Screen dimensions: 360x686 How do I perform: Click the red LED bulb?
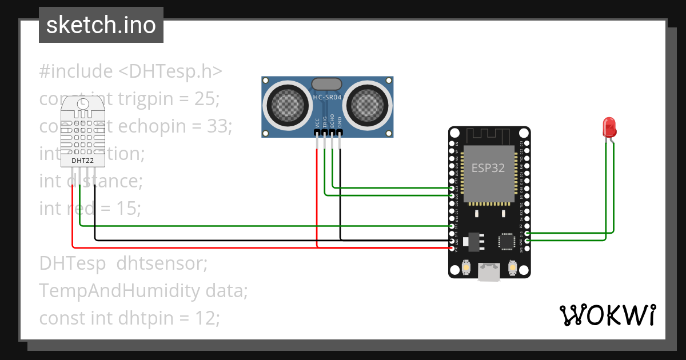point(609,126)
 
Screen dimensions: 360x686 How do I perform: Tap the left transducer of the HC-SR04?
point(288,103)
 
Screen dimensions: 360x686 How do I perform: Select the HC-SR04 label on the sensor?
point(327,98)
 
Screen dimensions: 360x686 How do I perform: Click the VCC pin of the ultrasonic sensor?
point(318,133)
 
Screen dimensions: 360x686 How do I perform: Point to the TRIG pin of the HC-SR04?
point(325,133)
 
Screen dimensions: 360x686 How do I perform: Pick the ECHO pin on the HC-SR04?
point(332,133)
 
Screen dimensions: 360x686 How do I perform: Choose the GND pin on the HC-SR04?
point(340,133)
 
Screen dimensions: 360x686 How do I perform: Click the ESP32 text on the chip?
point(488,169)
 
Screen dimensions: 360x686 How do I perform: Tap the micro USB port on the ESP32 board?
point(489,273)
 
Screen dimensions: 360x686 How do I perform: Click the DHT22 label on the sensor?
point(83,161)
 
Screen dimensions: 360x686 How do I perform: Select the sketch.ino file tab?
point(101,25)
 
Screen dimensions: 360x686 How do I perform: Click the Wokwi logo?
point(607,315)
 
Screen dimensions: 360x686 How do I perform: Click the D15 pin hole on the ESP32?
point(527,233)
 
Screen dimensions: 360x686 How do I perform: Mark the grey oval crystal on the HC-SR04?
point(327,84)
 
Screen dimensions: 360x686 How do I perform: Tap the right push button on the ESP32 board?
point(512,267)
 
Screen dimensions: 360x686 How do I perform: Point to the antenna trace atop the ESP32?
point(489,137)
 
